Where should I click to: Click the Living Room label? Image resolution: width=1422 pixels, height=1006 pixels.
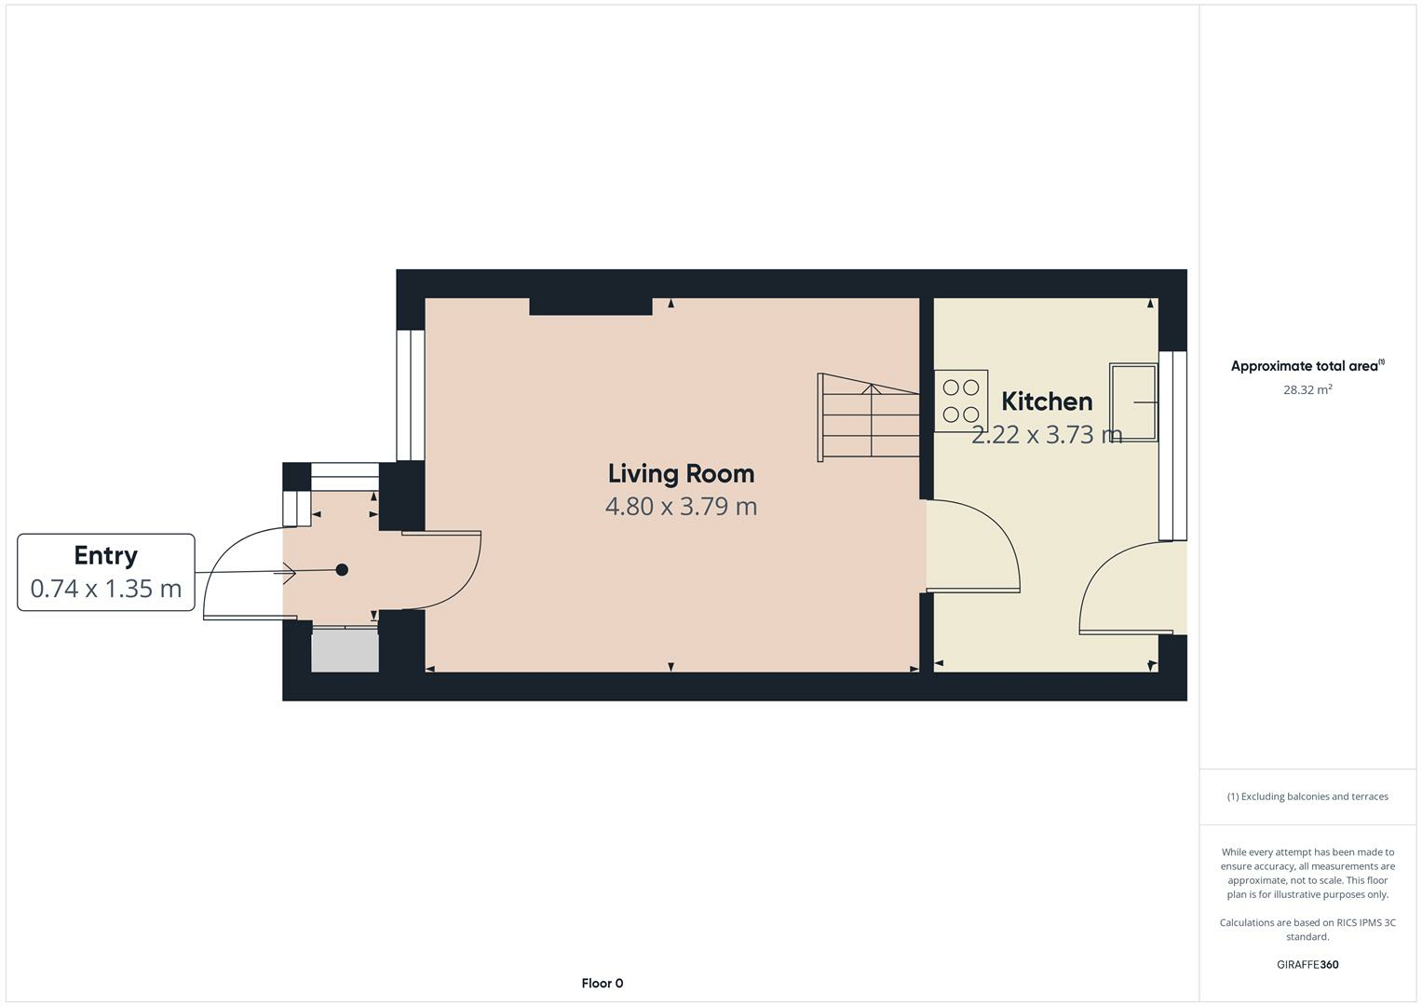point(681,474)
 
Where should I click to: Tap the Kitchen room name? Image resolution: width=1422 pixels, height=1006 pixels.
point(1047,401)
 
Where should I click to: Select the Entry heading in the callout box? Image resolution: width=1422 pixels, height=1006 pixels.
point(106,555)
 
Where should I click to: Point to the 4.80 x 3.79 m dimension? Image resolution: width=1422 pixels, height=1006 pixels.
point(681,507)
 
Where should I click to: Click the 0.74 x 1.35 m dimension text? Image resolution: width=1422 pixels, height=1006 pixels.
point(106,589)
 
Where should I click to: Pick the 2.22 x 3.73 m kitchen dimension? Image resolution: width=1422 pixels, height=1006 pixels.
point(1047,435)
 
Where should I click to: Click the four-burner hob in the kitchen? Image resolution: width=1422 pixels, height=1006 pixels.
point(961,401)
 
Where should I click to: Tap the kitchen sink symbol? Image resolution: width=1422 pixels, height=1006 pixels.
point(1133,401)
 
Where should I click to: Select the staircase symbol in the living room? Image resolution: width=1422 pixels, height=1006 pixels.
point(868,416)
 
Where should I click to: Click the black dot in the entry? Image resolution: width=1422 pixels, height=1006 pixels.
point(342,570)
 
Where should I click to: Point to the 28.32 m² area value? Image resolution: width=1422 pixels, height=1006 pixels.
point(1307,390)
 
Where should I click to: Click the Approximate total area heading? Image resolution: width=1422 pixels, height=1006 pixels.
point(1307,366)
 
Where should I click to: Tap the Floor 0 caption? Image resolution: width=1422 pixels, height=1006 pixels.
point(603,983)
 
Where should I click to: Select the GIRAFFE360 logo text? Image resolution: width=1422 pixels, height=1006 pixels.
point(1307,964)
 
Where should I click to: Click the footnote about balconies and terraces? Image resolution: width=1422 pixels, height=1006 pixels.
point(1307,796)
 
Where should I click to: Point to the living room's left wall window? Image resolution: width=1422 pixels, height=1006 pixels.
point(404,395)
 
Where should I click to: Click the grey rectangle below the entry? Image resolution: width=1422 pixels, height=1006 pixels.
point(345,650)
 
